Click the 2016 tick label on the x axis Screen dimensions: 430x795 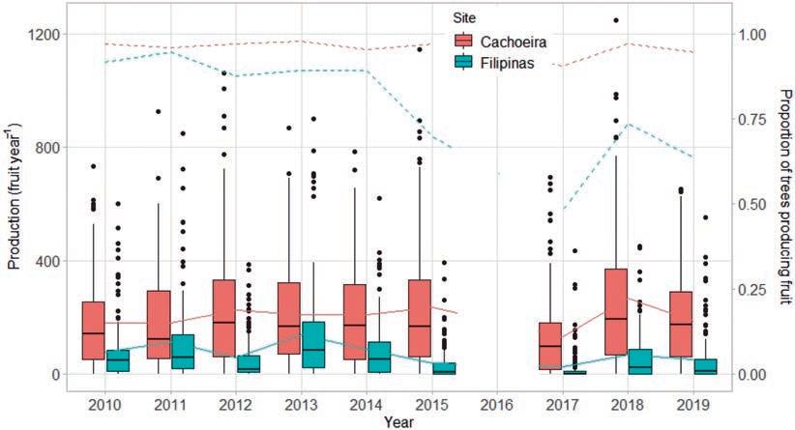(495, 402)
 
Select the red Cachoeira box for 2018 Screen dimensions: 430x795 (615, 312)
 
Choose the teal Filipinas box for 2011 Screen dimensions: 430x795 (183, 352)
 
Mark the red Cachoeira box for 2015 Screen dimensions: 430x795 (420, 324)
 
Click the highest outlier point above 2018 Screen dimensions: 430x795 (615, 19)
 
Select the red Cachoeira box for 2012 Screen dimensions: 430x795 (224, 319)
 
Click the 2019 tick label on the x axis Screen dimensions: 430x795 (691, 402)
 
